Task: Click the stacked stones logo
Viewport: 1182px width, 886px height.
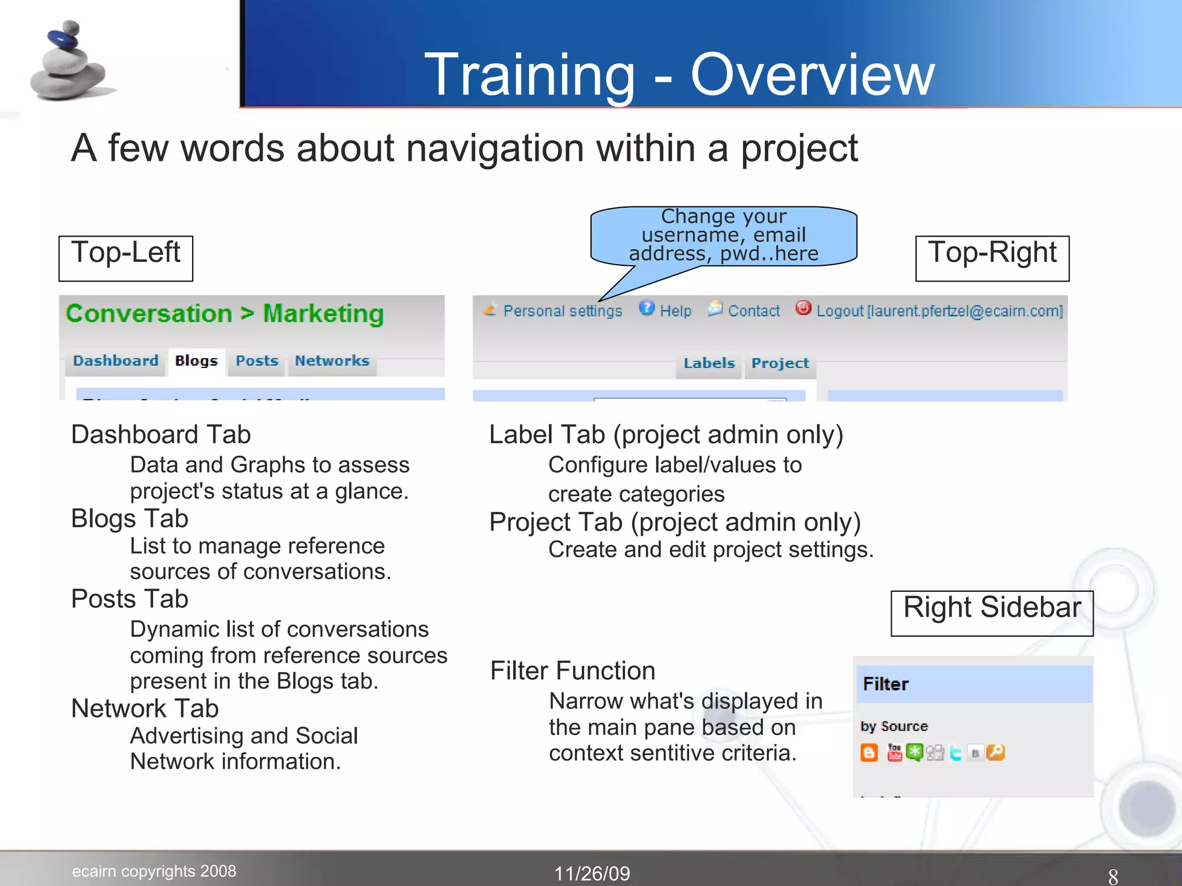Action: pos(69,62)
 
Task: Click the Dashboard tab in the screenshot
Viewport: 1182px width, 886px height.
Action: pos(115,361)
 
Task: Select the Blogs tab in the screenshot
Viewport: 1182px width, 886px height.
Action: pos(196,361)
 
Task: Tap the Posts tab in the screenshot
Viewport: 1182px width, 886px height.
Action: pos(257,361)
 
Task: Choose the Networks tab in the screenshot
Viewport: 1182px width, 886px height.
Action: pos(332,361)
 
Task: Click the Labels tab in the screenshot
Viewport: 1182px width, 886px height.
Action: pos(709,363)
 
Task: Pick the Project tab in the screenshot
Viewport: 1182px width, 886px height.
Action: pos(780,363)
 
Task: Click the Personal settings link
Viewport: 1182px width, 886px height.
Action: pos(562,311)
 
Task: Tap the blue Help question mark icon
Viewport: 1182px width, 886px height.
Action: pos(647,308)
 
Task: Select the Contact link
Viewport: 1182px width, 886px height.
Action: pos(753,311)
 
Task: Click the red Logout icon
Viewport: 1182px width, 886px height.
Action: pos(803,308)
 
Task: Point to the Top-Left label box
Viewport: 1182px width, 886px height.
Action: pos(126,258)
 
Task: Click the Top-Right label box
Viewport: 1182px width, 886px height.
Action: pos(992,258)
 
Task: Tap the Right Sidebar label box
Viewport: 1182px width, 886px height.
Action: pos(992,613)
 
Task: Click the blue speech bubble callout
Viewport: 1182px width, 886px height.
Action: pos(723,235)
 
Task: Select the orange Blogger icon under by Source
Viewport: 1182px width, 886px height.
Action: pos(869,753)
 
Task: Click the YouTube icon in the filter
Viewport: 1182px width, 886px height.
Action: pos(895,753)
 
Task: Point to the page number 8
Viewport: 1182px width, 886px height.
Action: pos(1113,876)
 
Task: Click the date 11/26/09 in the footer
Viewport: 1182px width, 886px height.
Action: pos(592,873)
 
